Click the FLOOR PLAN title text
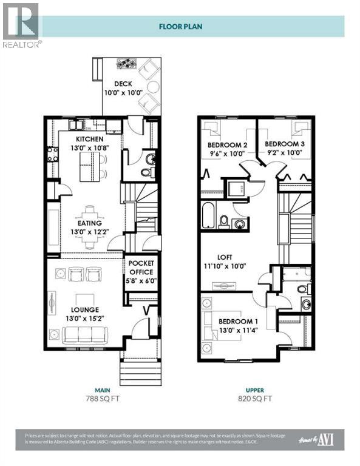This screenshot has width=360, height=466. pyautogui.click(x=180, y=26)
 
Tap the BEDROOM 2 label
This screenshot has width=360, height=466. pyautogui.click(x=228, y=145)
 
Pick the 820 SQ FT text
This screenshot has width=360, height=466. pyautogui.click(x=255, y=399)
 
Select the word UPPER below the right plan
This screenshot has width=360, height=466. pyautogui.click(x=255, y=390)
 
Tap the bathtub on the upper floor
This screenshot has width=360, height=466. pyautogui.click(x=208, y=216)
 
